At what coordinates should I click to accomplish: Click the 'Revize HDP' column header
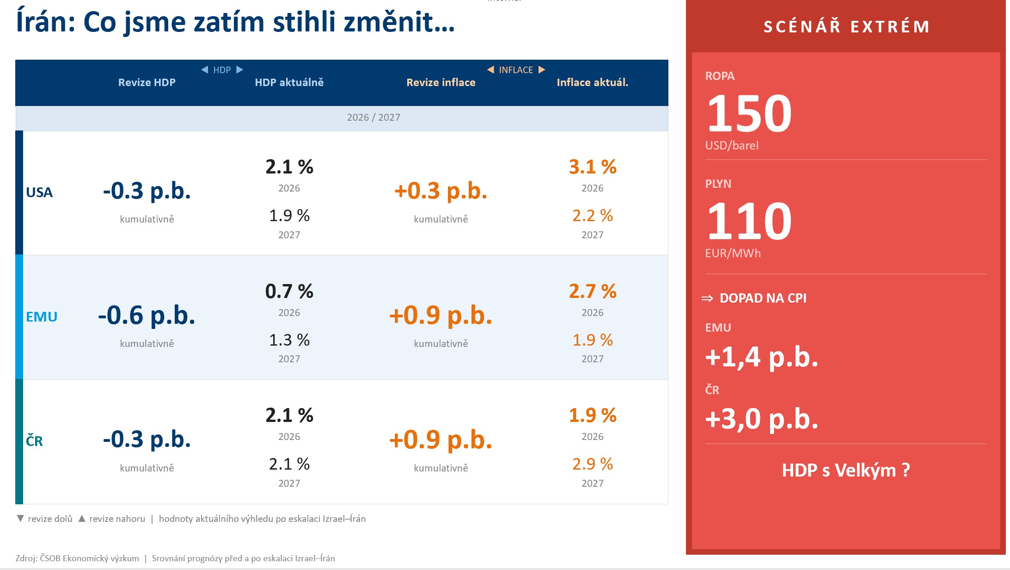147,82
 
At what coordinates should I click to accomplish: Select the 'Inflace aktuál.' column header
592,82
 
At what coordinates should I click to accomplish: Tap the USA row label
39,192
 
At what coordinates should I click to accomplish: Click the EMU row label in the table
42,317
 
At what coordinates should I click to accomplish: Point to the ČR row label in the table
35,441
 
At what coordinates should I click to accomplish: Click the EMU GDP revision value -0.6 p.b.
147,316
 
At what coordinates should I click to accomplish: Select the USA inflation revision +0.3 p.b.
441,191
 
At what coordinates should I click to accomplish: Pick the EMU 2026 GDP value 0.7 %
289,291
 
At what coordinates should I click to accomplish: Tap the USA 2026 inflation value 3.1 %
592,167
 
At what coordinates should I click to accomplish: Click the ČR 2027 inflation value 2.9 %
592,464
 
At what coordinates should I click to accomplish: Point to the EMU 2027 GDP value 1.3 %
289,340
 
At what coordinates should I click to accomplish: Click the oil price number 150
749,114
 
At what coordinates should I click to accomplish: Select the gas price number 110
749,222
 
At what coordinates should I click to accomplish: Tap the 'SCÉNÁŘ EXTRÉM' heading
846,27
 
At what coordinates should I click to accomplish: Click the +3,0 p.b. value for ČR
761,419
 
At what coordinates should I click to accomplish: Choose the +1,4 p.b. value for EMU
761,357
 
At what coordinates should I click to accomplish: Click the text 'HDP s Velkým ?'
845,471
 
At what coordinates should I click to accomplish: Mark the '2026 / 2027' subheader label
373,118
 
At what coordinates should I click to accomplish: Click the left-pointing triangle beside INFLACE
490,69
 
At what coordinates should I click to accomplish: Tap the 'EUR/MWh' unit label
733,254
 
